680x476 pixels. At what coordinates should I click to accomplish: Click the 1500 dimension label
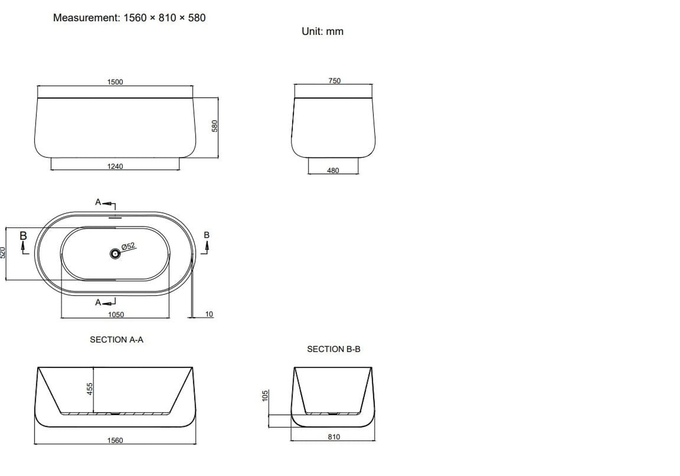115,82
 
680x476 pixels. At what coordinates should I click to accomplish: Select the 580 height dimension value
214,126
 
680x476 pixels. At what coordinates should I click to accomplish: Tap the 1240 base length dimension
115,166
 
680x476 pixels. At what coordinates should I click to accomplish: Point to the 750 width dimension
334,81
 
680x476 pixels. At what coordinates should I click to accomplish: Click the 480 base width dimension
333,170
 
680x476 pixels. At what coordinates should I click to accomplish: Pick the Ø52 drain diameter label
128,246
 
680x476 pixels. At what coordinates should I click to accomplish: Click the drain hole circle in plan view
115,254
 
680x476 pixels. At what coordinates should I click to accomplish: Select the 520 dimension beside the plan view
3,252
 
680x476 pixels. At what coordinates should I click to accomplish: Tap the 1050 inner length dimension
116,315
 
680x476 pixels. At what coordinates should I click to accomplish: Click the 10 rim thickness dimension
209,314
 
